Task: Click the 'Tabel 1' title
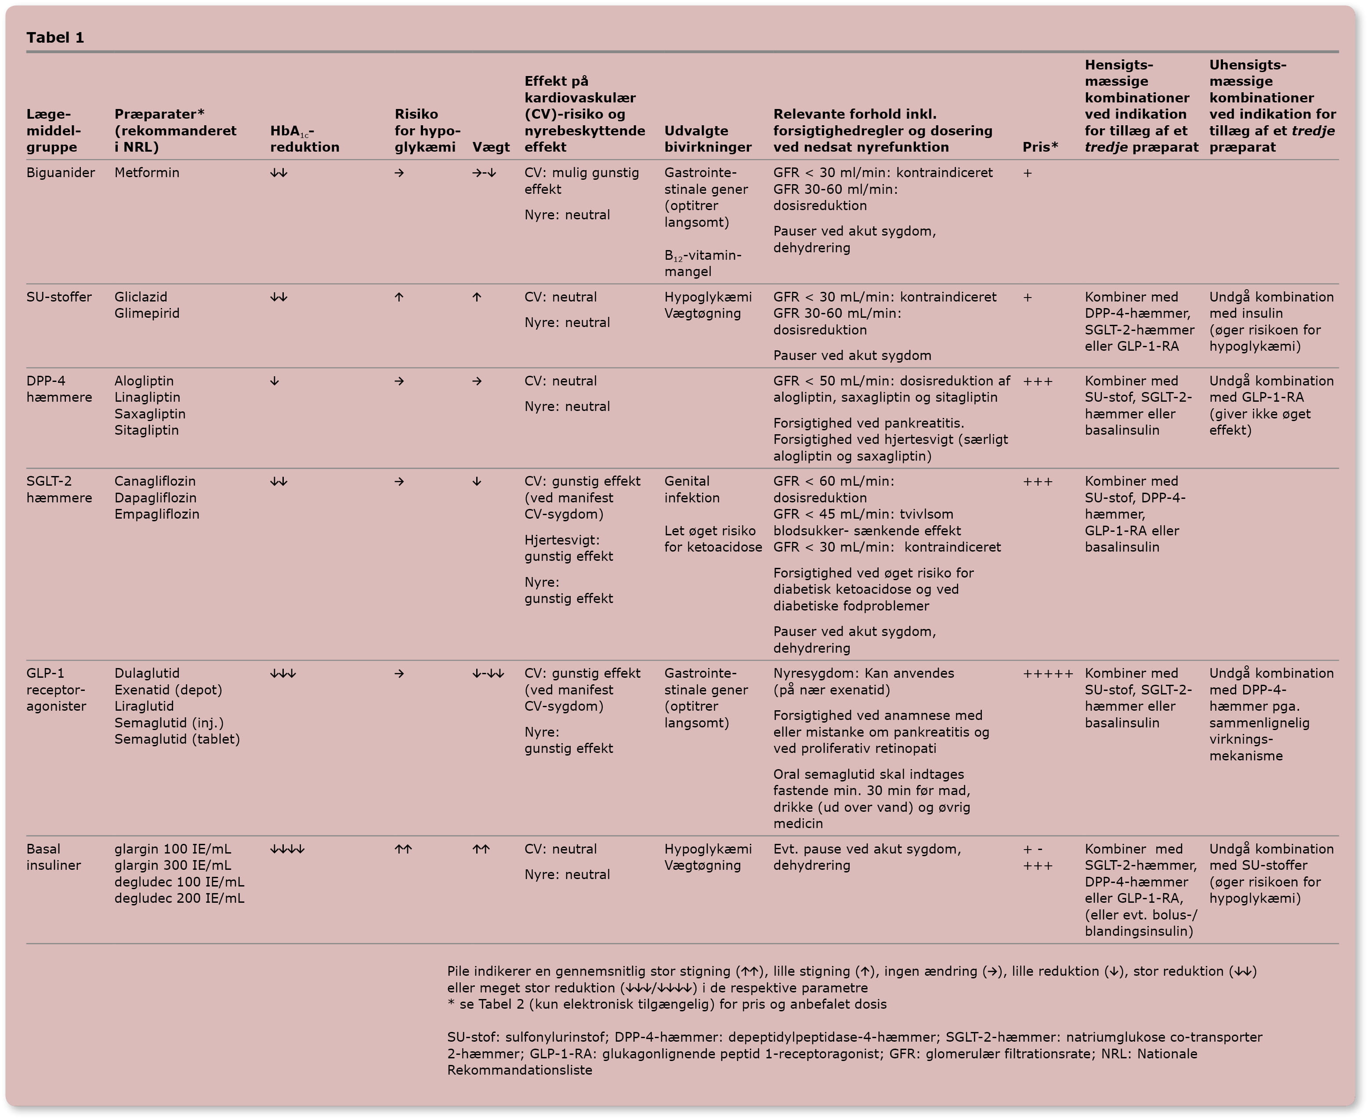(55, 37)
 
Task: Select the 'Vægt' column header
(491, 147)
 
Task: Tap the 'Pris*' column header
(1040, 147)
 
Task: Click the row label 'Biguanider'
(61, 173)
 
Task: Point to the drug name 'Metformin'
(147, 173)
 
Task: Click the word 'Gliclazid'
(141, 297)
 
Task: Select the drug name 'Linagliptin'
(147, 398)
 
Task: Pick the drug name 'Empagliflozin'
(156, 514)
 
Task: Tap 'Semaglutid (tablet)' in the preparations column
(177, 739)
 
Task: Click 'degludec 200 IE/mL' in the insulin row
(179, 898)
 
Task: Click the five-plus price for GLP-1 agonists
(1048, 674)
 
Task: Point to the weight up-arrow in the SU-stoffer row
(477, 297)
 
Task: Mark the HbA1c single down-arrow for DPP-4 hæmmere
(275, 381)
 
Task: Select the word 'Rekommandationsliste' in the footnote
(519, 1071)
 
